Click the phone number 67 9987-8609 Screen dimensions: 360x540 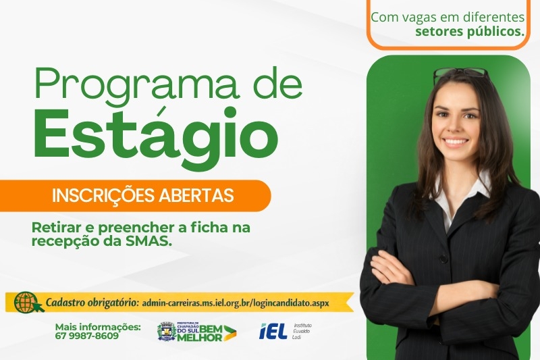[x=87, y=336]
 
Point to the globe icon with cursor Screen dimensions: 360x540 [x=28, y=302]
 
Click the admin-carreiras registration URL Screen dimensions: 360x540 [x=236, y=303]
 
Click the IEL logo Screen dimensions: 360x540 [x=273, y=331]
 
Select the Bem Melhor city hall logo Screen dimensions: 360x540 [x=196, y=332]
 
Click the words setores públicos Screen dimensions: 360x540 [x=470, y=31]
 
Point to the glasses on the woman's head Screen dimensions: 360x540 [x=460, y=73]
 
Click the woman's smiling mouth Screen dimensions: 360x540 [x=456, y=143]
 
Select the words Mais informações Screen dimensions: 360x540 [x=98, y=327]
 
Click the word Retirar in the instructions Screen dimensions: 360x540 [x=54, y=228]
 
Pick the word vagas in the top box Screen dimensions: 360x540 [x=417, y=16]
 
